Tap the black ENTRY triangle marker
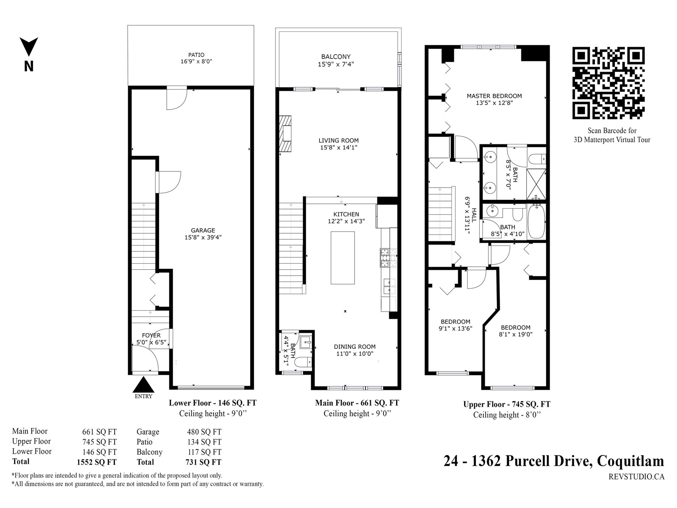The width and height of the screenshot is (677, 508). click(143, 384)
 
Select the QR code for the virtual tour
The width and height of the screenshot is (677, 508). click(608, 83)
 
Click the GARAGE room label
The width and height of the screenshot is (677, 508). click(203, 230)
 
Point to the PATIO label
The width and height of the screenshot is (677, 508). click(196, 55)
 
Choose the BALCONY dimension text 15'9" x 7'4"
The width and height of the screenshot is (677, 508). click(336, 64)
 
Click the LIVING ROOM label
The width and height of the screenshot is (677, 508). click(338, 141)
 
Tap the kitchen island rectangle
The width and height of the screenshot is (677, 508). click(343, 258)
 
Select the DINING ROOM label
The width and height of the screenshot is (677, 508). click(355, 347)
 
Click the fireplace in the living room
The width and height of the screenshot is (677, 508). click(285, 133)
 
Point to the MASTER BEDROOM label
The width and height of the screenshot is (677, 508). click(494, 96)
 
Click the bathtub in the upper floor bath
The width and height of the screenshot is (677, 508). click(537, 221)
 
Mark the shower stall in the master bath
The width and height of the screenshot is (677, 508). click(536, 184)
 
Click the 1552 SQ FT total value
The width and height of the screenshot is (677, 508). click(96, 462)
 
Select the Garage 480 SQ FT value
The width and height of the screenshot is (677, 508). click(204, 432)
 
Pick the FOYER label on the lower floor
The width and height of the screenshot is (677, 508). click(151, 335)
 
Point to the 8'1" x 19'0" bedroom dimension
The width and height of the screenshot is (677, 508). click(516, 334)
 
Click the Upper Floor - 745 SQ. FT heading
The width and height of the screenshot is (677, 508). click(507, 404)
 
